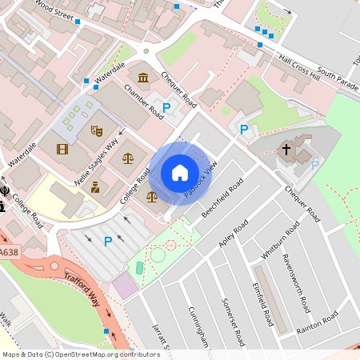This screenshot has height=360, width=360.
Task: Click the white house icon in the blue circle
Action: pyautogui.click(x=180, y=173)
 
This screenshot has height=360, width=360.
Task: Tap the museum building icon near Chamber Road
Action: pyautogui.click(x=143, y=77)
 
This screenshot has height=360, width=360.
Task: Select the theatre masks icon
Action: pyautogui.click(x=98, y=130)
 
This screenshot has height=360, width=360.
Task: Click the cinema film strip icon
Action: pyautogui.click(x=62, y=148)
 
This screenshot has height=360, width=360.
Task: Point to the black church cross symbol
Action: pyautogui.click(x=286, y=149)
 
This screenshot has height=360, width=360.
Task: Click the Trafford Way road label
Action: pyautogui.click(x=82, y=288)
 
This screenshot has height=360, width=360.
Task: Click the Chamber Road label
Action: pyautogui.click(x=142, y=101)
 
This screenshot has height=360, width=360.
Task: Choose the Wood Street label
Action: pyautogui.click(x=53, y=9)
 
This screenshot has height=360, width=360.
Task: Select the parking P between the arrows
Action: pyautogui.click(x=108, y=241)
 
